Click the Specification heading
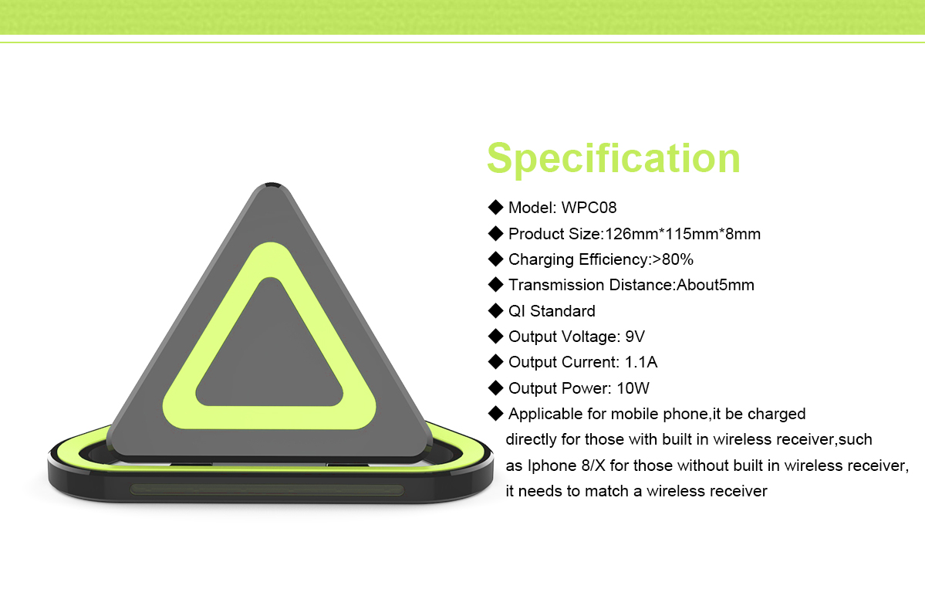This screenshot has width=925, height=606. click(x=613, y=158)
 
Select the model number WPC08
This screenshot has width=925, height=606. click(x=589, y=208)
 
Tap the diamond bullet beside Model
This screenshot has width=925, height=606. click(x=495, y=207)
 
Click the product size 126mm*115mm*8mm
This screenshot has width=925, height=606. click(x=683, y=234)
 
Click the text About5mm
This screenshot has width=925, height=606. click(x=715, y=285)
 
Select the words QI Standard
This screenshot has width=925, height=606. click(x=552, y=311)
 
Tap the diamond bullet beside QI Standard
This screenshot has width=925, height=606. click(x=495, y=310)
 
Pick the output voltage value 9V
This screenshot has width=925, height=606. click(x=635, y=337)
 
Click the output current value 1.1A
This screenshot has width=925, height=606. click(x=641, y=362)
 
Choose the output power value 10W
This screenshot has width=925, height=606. click(x=633, y=388)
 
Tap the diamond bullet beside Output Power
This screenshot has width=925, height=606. click(x=495, y=388)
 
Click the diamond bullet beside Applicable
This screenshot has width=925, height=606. click(x=495, y=413)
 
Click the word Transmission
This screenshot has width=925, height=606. click(x=556, y=285)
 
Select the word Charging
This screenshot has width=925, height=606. click(x=541, y=260)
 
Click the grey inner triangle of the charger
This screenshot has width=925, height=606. click(x=269, y=354)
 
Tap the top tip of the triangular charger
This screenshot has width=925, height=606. click(x=272, y=184)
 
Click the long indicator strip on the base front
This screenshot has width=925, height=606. click(x=267, y=489)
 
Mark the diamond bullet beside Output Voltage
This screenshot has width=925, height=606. click(x=495, y=337)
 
